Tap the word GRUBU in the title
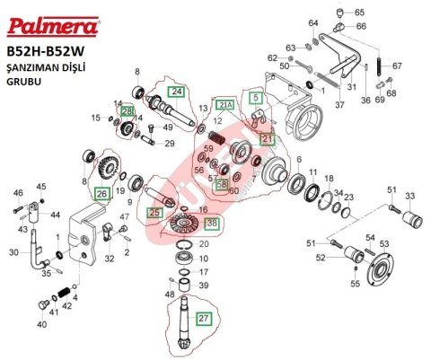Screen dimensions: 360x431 24,80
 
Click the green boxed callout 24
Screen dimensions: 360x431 176,92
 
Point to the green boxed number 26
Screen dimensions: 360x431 101,193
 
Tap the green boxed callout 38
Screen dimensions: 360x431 211,223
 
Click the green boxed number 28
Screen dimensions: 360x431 128,110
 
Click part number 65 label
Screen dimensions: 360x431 360,13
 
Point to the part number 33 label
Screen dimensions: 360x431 410,196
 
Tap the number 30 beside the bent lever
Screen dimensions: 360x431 13,252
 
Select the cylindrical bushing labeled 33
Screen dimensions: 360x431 410,218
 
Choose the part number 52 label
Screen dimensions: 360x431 320,259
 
